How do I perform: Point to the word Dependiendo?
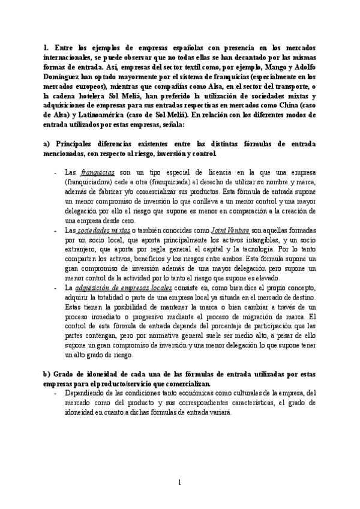[83, 393]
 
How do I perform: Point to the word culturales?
[222, 393]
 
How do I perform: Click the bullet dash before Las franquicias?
[55, 172]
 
